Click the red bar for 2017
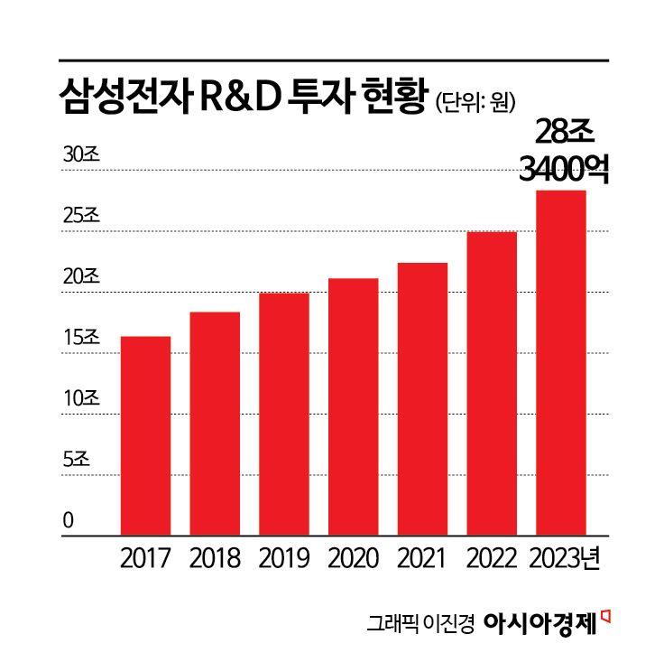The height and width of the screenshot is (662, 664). pos(145,435)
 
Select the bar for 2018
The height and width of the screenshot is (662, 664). pos(215,424)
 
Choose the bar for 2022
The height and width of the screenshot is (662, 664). pos(492,383)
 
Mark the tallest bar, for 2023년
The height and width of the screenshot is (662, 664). pos(560,362)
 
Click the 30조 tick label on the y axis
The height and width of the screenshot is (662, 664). pos(81,154)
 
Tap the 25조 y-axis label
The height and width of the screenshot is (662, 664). pos(81,216)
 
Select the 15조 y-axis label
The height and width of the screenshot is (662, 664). pos(81,338)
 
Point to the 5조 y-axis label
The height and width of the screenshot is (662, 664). pos(77,460)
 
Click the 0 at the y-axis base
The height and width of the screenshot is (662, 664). pos(68,521)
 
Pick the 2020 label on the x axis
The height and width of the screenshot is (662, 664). pos(353,558)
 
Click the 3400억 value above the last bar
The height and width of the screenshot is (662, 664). pos(564,168)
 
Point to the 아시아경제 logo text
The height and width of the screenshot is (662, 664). pos(540,622)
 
